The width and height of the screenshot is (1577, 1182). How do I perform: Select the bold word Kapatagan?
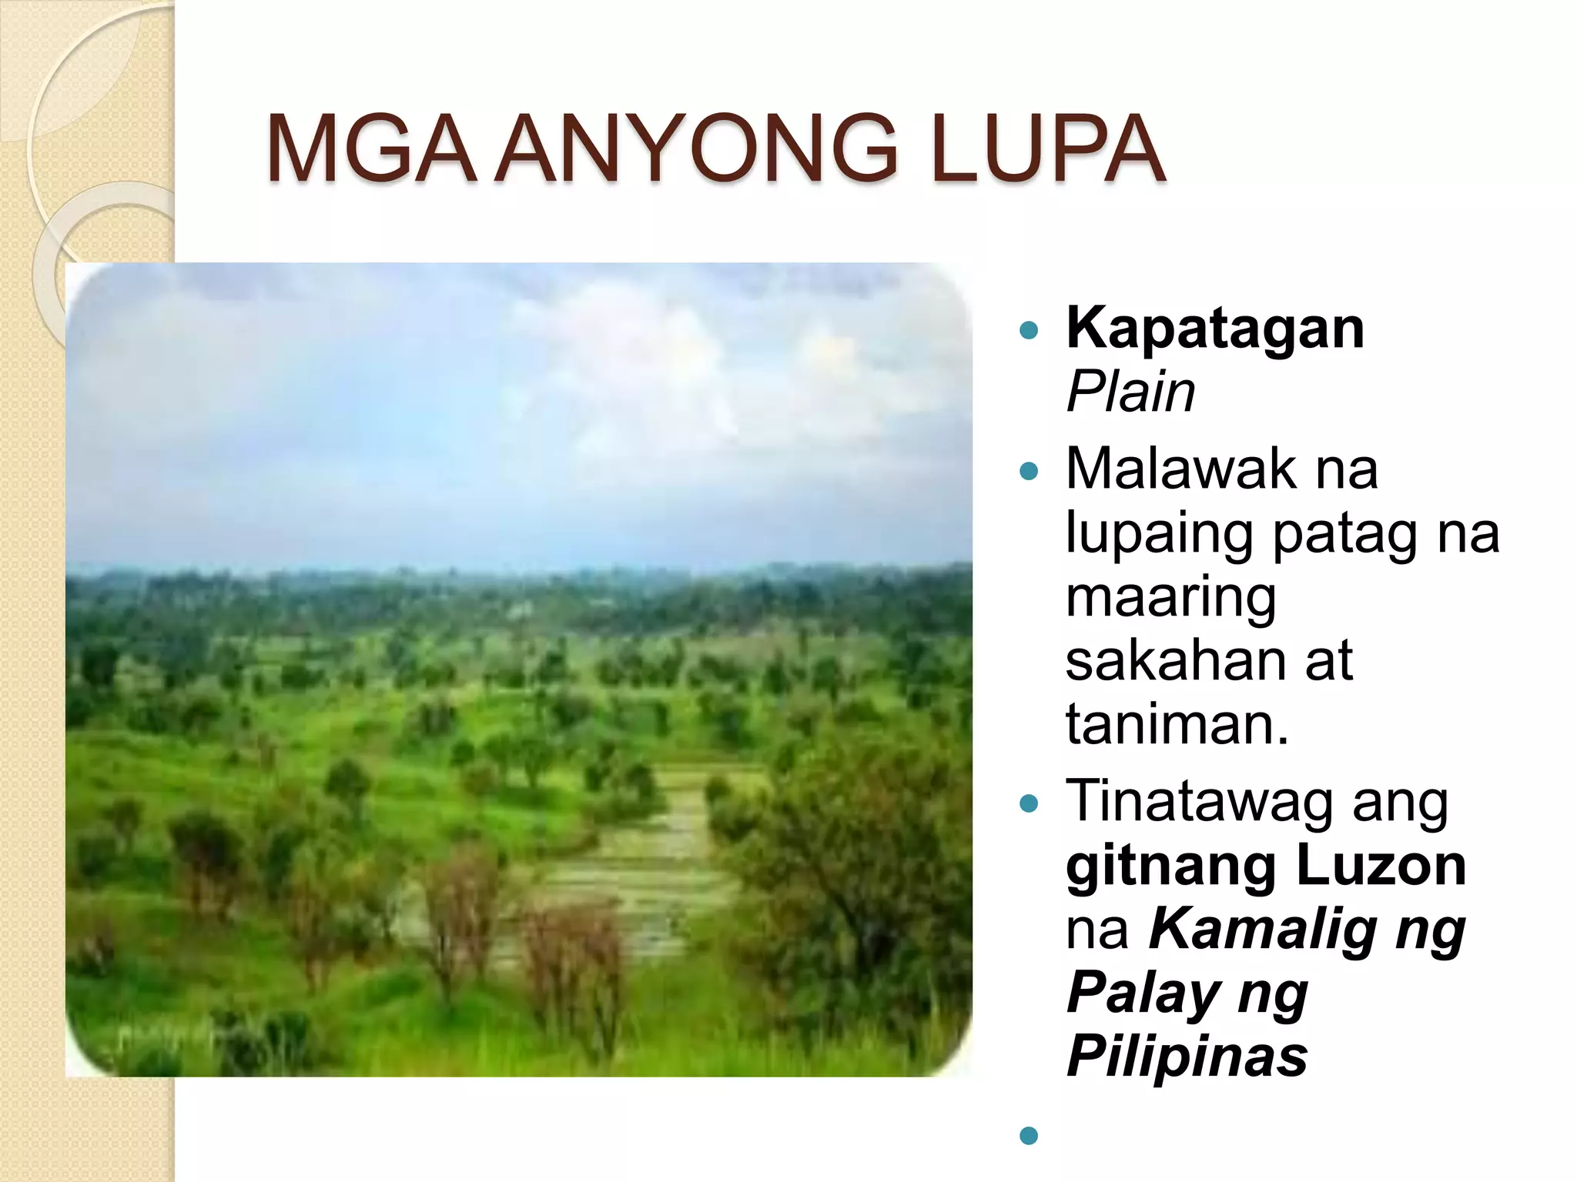(x=1214, y=329)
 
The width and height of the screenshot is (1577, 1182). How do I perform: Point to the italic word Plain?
(x=1130, y=392)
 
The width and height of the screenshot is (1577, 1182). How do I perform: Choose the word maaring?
(x=1170, y=598)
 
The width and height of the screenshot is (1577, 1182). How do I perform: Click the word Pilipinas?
(x=1187, y=1057)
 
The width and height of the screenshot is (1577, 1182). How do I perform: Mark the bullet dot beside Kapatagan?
(x=1028, y=332)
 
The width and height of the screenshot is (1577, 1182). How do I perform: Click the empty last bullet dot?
(x=1028, y=1135)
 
